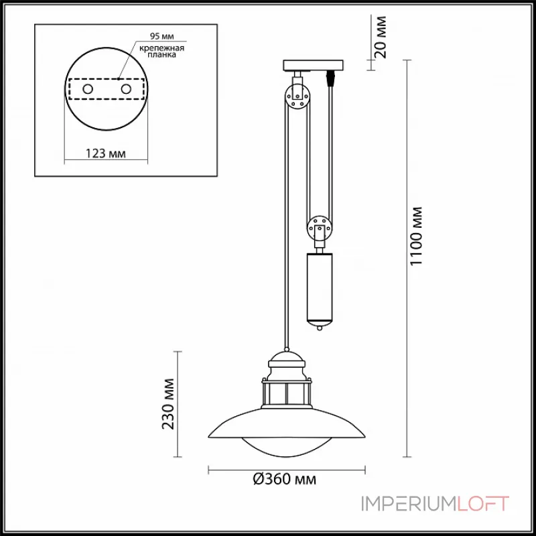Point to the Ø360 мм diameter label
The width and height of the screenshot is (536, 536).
[x=285, y=480]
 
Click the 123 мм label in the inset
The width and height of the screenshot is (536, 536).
[x=107, y=154]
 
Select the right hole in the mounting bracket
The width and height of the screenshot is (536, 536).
[x=125, y=88]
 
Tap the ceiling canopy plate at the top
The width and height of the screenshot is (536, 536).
[x=314, y=66]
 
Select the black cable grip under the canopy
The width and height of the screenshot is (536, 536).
[x=330, y=79]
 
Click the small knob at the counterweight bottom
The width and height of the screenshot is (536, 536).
[x=320, y=328]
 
